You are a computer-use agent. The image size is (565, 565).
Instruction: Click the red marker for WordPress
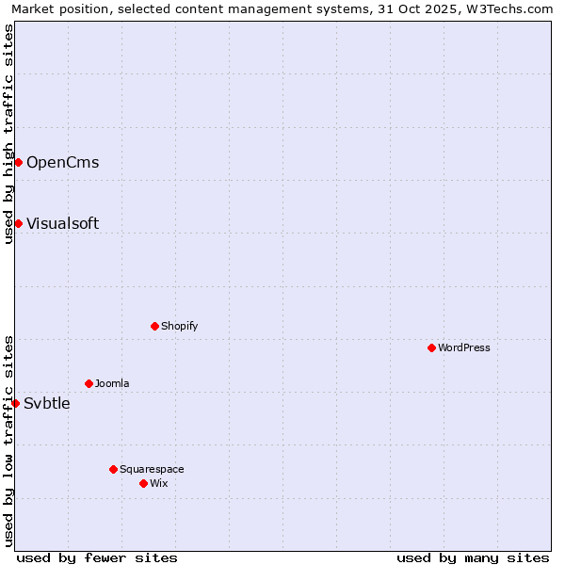pyautogui.click(x=432, y=347)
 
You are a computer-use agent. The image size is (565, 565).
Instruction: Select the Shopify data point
pyautogui.click(x=155, y=326)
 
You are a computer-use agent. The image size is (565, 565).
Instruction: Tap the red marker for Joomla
pyautogui.click(x=89, y=383)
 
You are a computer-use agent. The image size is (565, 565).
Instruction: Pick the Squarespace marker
pyautogui.click(x=114, y=469)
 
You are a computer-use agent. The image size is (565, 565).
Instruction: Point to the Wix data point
pyautogui.click(x=144, y=483)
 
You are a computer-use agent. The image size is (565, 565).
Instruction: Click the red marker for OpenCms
pyautogui.click(x=18, y=162)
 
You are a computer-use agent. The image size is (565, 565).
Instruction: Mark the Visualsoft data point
pyautogui.click(x=18, y=223)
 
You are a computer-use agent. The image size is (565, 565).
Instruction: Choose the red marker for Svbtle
pyautogui.click(x=15, y=403)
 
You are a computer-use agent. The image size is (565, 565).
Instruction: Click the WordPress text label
pyautogui.click(x=464, y=347)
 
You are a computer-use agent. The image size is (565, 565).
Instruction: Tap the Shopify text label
pyautogui.click(x=180, y=326)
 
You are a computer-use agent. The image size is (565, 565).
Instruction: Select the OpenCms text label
pyautogui.click(x=62, y=162)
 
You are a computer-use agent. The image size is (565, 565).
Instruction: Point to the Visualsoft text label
pyautogui.click(x=62, y=223)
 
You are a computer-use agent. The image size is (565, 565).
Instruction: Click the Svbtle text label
pyautogui.click(x=47, y=403)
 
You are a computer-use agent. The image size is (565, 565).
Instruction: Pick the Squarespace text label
pyautogui.click(x=152, y=469)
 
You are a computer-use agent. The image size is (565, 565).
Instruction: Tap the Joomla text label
pyautogui.click(x=112, y=383)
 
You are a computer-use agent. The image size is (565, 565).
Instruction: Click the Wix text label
pyautogui.click(x=159, y=483)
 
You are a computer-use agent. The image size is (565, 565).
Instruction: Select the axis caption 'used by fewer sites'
pyautogui.click(x=97, y=557)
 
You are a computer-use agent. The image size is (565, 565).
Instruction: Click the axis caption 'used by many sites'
pyautogui.click(x=473, y=557)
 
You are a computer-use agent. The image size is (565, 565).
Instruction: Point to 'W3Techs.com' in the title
pyautogui.click(x=512, y=8)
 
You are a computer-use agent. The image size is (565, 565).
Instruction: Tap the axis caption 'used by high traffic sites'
pyautogui.click(x=8, y=134)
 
